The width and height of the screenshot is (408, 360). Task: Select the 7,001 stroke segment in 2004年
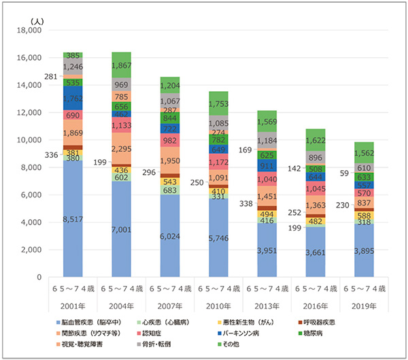tap(121, 230)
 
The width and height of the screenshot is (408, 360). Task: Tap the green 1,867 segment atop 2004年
tap(121, 65)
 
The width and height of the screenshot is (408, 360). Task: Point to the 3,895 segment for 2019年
tap(364, 250)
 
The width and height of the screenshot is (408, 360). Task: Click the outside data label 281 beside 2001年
tap(50, 77)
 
